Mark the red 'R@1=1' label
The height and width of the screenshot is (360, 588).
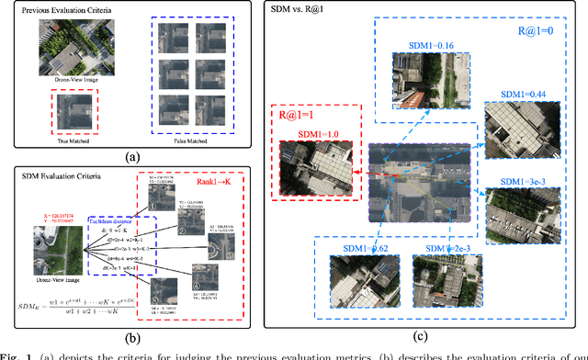[x=297, y=118]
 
